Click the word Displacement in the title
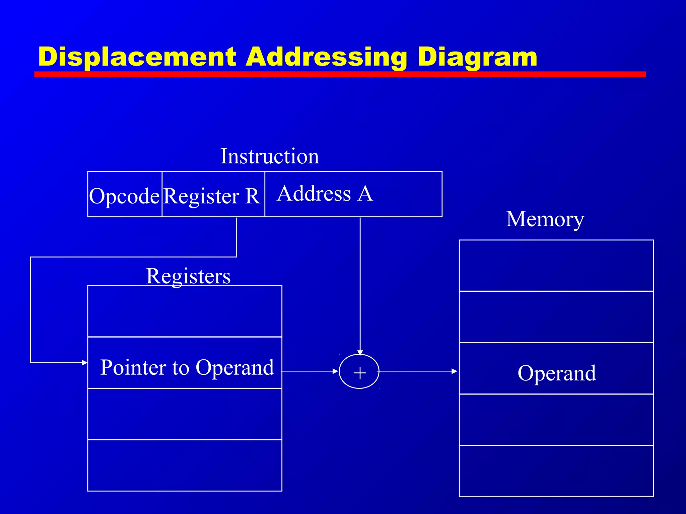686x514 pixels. (x=137, y=57)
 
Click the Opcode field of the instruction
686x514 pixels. (x=124, y=195)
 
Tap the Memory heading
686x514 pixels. (x=545, y=219)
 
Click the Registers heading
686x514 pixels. (x=188, y=276)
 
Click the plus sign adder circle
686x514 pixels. (x=359, y=372)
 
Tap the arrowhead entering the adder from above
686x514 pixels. (x=360, y=353)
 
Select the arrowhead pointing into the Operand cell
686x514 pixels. (x=455, y=371)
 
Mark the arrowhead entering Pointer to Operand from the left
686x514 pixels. (x=85, y=362)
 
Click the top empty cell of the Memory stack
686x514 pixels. (x=556, y=266)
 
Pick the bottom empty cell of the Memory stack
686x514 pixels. (x=556, y=471)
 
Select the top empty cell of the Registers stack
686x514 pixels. (x=185, y=311)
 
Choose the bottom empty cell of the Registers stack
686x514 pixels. (x=185, y=465)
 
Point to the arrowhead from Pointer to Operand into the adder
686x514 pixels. (x=335, y=371)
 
